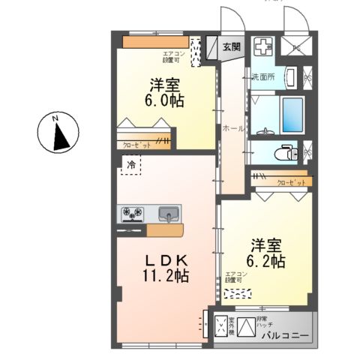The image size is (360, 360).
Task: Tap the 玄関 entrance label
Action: tap(232, 46)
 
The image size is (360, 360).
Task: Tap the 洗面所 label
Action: tap(263, 76)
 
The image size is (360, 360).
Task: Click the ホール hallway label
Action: tap(232, 129)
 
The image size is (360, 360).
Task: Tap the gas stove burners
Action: tap(133, 214)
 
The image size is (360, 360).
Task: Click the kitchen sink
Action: tap(169, 214)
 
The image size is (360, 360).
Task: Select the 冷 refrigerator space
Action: tap(130, 165)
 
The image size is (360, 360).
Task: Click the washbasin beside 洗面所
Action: tap(290, 76)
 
